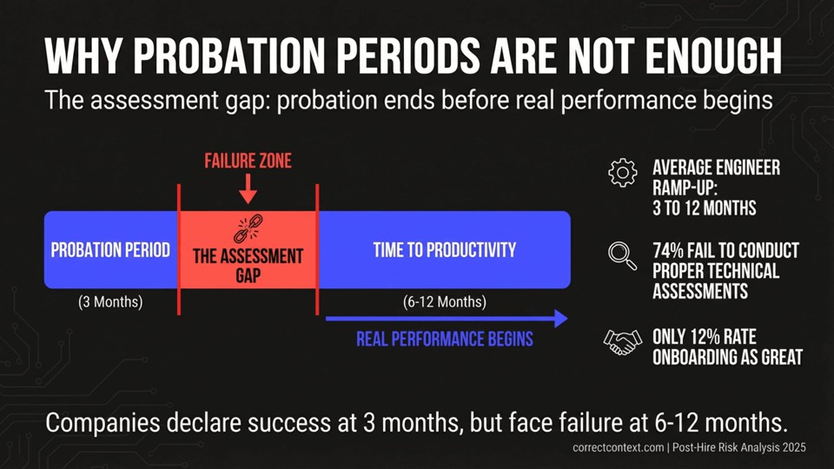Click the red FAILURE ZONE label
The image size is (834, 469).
[248, 162]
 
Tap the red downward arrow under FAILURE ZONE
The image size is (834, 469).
[248, 188]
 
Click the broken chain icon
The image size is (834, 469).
[248, 228]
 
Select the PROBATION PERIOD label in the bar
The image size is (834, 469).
[110, 250]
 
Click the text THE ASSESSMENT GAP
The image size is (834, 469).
[248, 266]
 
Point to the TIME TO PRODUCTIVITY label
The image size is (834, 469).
[445, 250]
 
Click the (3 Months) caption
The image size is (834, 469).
[110, 302]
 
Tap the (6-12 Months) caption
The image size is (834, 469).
[445, 302]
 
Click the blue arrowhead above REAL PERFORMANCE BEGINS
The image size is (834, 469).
[560, 319]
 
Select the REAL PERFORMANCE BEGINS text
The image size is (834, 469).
[445, 340]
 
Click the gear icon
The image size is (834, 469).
[622, 173]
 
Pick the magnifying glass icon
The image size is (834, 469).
[622, 255]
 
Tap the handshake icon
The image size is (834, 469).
[622, 342]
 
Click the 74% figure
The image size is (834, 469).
[667, 250]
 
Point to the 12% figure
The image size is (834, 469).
[705, 337]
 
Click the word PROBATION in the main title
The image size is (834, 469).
[228, 56]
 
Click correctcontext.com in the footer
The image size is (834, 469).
[618, 448]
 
